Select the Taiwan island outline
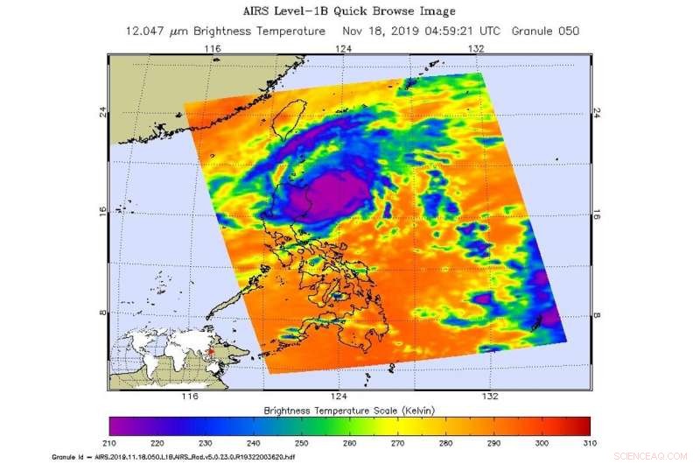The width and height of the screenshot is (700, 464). click(325, 123)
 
